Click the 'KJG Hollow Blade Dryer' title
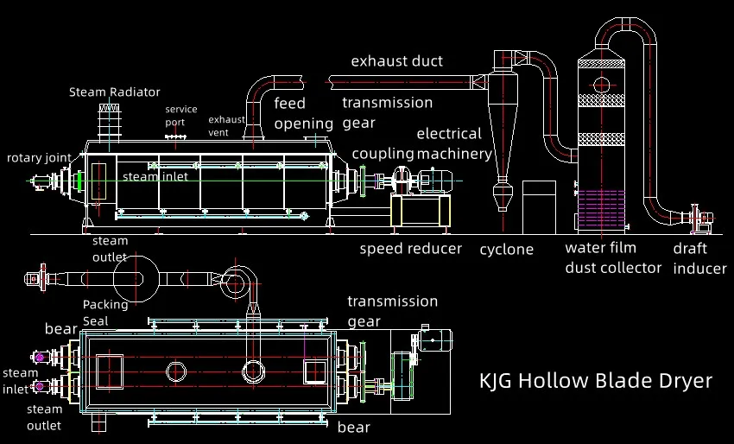coord(596,381)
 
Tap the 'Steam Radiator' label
coord(115,92)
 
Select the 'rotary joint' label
coord(38,158)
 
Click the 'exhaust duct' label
coord(396,61)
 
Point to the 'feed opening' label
coord(303,113)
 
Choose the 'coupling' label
coord(383,154)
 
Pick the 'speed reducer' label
coord(410,250)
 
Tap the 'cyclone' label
coord(507,250)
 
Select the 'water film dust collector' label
coord(613,257)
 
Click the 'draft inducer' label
coord(699,257)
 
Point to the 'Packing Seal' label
coord(105,312)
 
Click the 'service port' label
coord(180,116)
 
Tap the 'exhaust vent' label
coord(226,126)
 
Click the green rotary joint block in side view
coord(79,182)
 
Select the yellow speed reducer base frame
coord(421,211)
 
